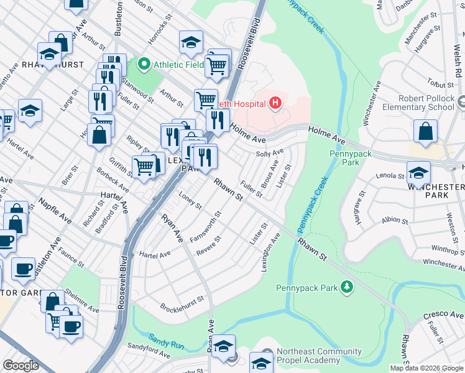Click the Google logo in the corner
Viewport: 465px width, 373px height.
click(21, 366)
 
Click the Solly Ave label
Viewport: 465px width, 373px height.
click(270, 152)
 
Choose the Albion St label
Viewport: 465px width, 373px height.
click(395, 220)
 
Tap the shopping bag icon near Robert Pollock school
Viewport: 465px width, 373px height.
click(425, 132)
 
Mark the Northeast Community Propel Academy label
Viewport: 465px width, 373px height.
click(320, 356)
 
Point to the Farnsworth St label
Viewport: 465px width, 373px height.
click(206, 229)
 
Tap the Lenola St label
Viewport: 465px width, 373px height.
click(390, 176)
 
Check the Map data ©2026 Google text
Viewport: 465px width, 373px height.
click(426, 368)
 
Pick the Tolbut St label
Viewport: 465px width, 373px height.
click(441, 84)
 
